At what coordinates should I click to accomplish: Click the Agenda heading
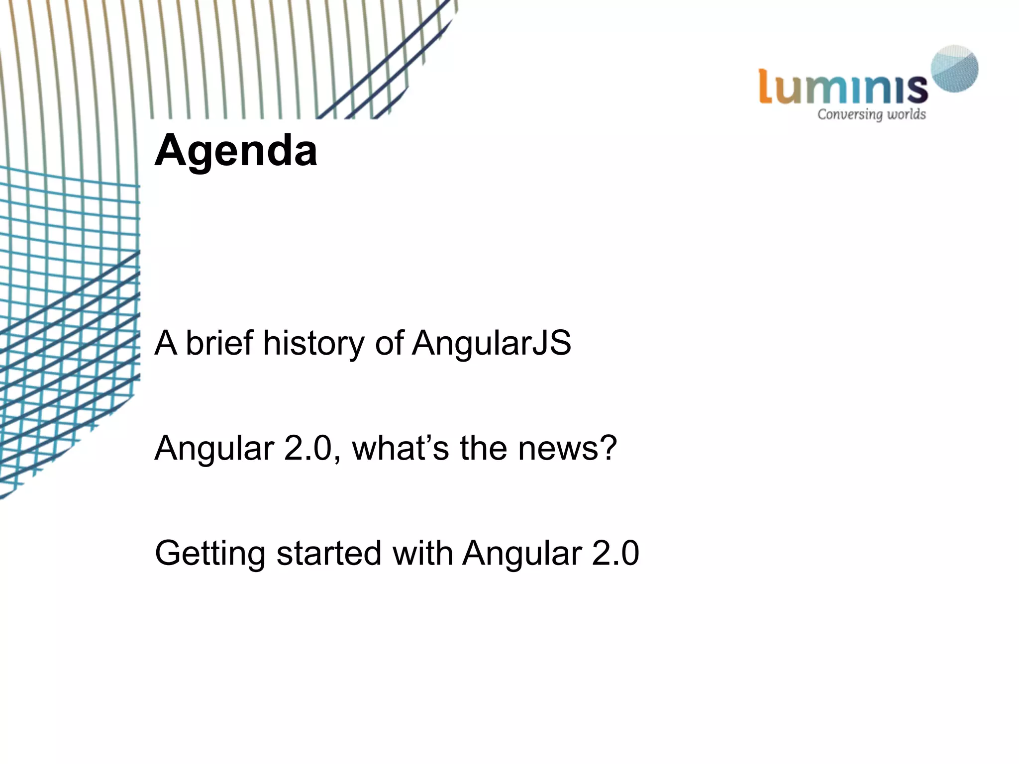tap(235, 150)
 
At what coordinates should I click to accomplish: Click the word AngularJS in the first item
tap(492, 343)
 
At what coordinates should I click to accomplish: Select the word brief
tap(219, 343)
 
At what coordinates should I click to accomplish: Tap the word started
tap(328, 553)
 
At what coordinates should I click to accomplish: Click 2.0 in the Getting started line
tap(615, 553)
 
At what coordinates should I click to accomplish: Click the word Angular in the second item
tap(214, 448)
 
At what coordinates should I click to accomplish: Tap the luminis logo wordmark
tap(843, 88)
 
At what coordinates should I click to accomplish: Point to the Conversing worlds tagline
tap(871, 114)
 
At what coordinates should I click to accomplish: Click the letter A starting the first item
tap(166, 343)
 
